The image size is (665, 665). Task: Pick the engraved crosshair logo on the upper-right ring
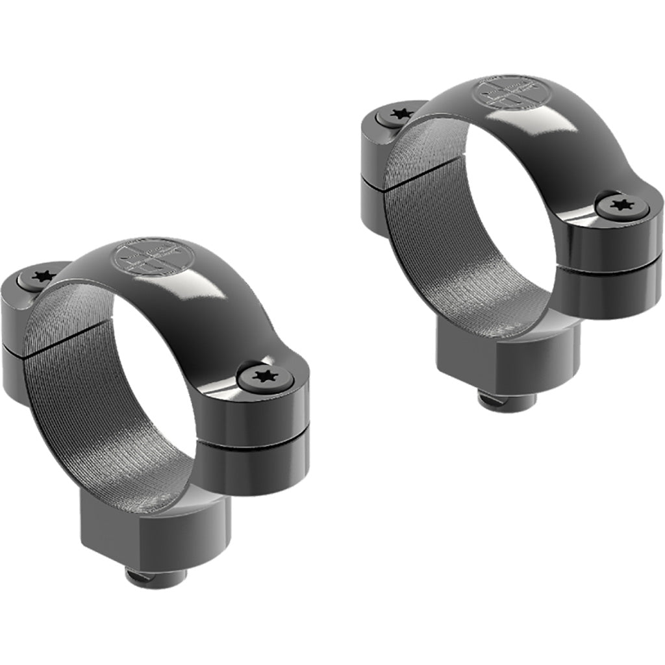[512, 93]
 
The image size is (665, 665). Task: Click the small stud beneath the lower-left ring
[156, 575]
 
